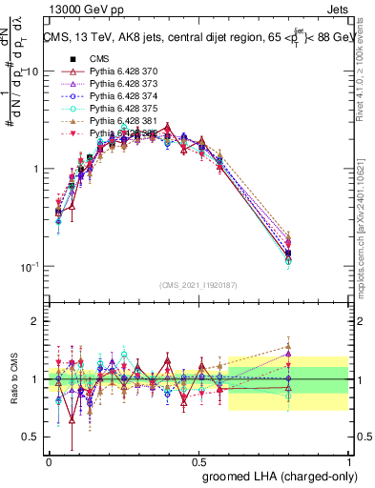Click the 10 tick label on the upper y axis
pos(31,71)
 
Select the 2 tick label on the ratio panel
pos(35,321)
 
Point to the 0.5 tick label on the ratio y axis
pos(31,437)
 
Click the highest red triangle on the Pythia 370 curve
pos(168,127)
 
